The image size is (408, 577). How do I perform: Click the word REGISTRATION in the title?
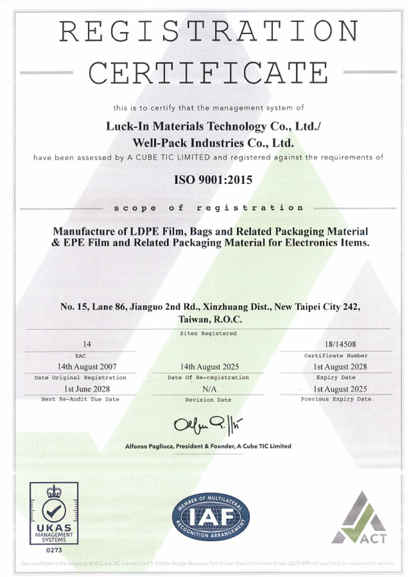coord(204,31)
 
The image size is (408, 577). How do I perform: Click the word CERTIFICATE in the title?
coord(204,73)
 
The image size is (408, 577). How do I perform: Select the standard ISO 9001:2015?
coord(204,179)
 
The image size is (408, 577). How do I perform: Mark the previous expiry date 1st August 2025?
coord(335,388)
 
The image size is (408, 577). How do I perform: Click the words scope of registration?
coord(204,208)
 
